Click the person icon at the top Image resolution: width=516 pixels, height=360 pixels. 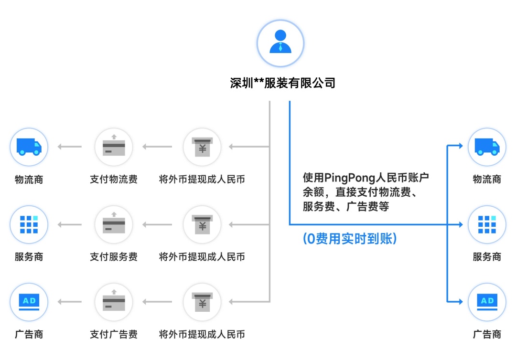pos(280,43)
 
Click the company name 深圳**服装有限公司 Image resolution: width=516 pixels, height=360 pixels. pos(283,83)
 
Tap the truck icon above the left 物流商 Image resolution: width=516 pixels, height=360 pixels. pos(29,147)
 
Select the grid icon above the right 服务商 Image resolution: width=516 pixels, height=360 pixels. pos(487,224)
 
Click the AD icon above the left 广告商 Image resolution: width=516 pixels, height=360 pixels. pos(29,302)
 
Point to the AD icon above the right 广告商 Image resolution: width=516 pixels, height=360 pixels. pos(487,302)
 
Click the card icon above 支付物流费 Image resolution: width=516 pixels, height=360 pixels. pos(114,147)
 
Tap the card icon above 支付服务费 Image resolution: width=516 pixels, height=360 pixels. pos(114,224)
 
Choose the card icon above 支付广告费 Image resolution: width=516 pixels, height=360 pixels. pos(114,302)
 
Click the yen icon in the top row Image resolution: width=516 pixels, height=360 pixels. pos(202,147)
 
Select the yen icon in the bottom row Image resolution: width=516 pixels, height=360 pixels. pos(202,302)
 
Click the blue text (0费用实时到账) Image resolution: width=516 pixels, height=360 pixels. pos(350,239)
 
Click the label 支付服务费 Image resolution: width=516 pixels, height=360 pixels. pos(114,257)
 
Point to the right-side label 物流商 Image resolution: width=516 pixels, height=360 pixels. pos(487,180)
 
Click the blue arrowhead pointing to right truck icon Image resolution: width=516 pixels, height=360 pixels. pos(460,146)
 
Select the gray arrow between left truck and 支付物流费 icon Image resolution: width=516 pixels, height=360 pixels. pos(70,147)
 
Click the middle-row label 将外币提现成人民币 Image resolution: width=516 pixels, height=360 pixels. pos(202,257)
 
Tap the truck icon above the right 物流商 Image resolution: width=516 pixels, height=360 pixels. pos(487,147)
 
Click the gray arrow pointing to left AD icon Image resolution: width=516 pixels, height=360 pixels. pos(70,302)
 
